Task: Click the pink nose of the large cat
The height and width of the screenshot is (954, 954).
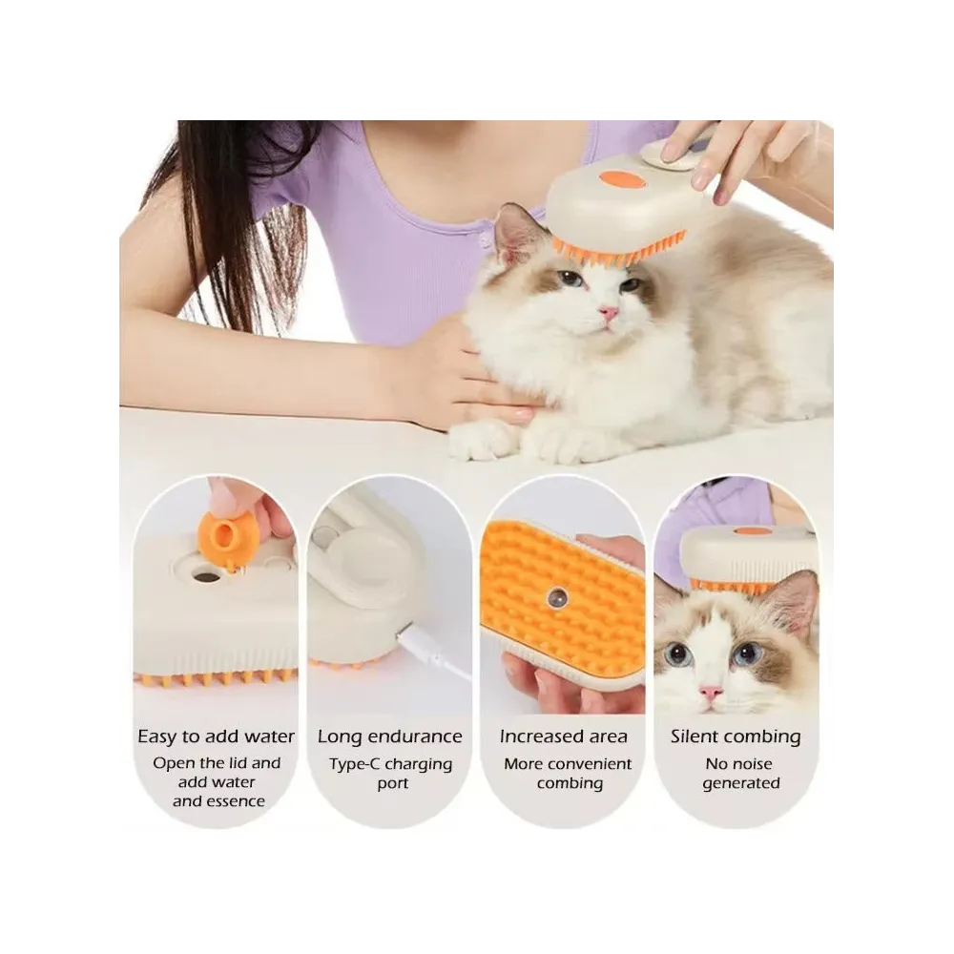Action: tap(609, 314)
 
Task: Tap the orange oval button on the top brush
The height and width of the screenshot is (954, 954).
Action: tap(617, 178)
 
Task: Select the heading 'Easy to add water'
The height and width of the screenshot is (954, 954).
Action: tap(216, 736)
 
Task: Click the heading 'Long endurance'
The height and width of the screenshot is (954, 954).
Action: tap(390, 736)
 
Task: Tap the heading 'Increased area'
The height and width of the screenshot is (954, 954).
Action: tap(564, 736)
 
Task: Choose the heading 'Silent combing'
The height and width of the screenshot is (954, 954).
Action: tap(736, 736)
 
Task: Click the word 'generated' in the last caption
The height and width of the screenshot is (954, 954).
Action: tap(741, 783)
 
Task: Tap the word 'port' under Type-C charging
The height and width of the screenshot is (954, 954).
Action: tap(392, 784)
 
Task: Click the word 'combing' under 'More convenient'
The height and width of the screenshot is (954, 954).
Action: tap(570, 783)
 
